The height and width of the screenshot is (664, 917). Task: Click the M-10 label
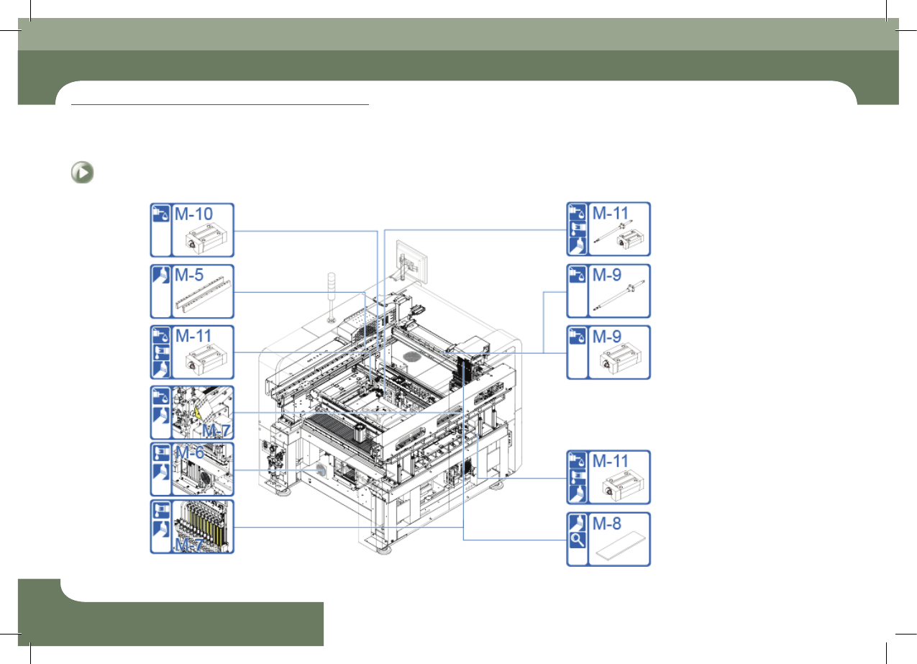[193, 214]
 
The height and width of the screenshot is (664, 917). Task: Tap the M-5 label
[189, 275]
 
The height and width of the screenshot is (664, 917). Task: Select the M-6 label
[190, 452]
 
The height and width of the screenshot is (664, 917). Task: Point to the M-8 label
[607, 524]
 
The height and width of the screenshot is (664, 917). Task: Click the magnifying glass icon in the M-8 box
[578, 540]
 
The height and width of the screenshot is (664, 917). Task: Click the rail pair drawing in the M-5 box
[204, 294]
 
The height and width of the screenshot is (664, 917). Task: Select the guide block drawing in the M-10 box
[206, 240]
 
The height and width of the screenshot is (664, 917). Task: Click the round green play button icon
[82, 173]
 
